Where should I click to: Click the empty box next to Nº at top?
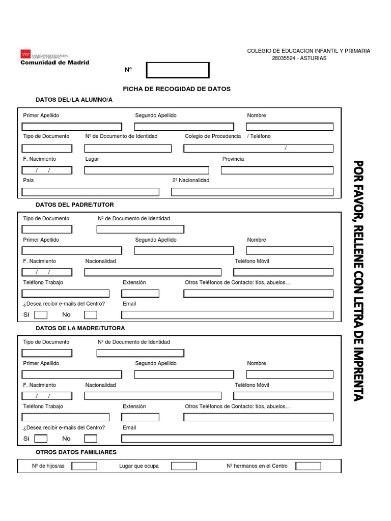[178, 70]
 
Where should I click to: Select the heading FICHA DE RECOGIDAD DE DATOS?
[177, 89]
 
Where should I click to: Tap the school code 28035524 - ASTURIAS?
[300, 58]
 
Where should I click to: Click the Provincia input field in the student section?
[277, 170]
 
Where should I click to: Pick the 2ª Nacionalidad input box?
[252, 192]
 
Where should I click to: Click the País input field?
[91, 192]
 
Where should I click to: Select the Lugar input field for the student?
[147, 170]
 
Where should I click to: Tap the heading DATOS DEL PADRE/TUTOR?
[75, 205]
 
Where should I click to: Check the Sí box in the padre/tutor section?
[41, 315]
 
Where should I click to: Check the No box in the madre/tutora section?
[91, 439]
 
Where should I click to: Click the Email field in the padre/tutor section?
[227, 315]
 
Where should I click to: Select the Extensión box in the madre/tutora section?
[140, 417]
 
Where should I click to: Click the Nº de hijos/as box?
[84, 466]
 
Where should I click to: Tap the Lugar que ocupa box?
[183, 466]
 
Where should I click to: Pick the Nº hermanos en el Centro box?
[308, 466]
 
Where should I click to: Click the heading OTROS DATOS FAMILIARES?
[76, 452]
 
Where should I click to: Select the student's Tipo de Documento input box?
[47, 149]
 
